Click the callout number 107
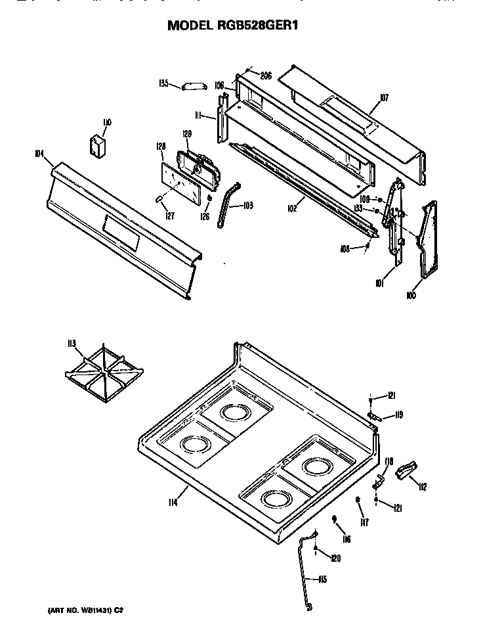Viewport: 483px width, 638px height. pyautogui.click(x=384, y=99)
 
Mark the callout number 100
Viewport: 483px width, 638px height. pyautogui.click(x=411, y=296)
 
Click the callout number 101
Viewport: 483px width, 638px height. pyautogui.click(x=379, y=284)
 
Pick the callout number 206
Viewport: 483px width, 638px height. pyautogui.click(x=265, y=76)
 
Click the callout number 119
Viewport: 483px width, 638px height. pyautogui.click(x=398, y=415)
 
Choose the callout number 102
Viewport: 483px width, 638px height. pyautogui.click(x=292, y=208)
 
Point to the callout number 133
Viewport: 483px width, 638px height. pyautogui.click(x=358, y=209)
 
